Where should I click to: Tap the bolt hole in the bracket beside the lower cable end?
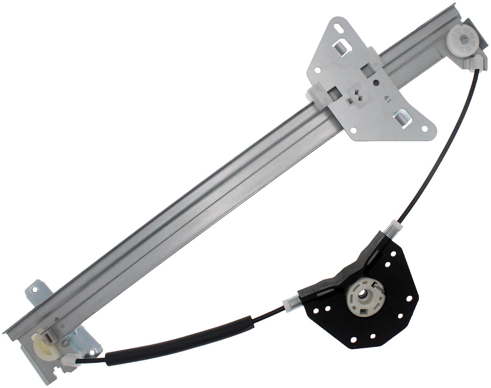tap(91, 351)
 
